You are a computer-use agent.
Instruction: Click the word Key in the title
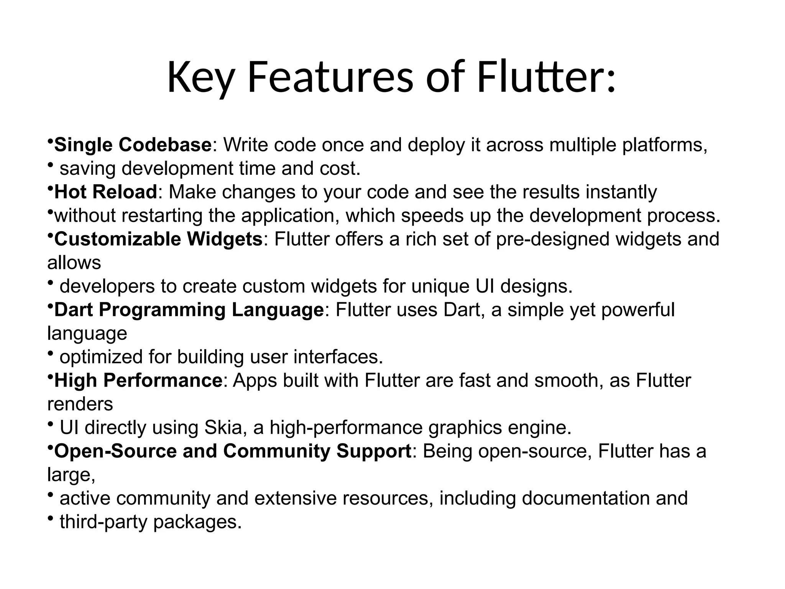coord(200,78)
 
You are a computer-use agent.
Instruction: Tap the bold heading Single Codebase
coord(133,145)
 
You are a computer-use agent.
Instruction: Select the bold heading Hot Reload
coord(106,192)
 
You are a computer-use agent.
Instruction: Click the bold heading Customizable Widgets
coord(158,239)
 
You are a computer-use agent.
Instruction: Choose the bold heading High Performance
coord(138,380)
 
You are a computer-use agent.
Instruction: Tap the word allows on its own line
coord(74,263)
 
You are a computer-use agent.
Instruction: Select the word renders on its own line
coord(80,404)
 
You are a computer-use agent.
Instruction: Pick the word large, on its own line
coord(71,475)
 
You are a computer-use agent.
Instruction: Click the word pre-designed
coord(552,239)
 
